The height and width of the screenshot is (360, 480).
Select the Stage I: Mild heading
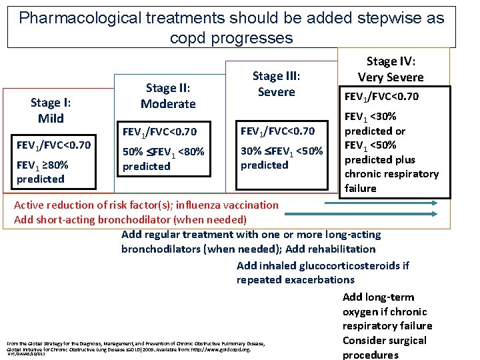tap(51, 110)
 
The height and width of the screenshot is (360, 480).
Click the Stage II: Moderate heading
tap(168, 96)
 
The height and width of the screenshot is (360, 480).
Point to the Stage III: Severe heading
tap(276, 83)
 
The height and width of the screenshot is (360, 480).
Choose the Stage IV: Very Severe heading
tap(391, 69)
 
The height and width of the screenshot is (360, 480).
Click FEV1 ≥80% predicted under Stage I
tap(43, 171)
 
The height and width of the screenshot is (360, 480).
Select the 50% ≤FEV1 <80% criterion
tap(163, 159)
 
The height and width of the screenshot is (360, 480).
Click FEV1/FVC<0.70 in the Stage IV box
tap(381, 97)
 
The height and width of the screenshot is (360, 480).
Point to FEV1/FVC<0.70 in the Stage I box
tap(53, 145)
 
